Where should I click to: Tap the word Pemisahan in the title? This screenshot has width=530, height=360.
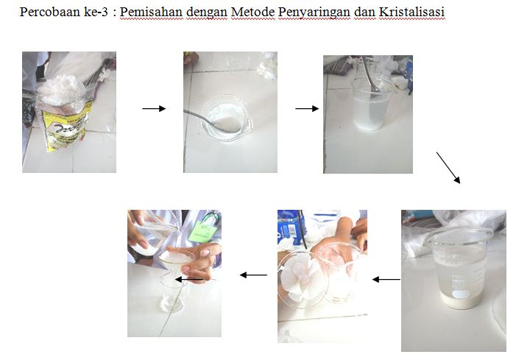click(x=152, y=13)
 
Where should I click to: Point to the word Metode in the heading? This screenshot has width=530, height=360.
click(x=252, y=13)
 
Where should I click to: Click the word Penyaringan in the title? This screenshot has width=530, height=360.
click(x=314, y=13)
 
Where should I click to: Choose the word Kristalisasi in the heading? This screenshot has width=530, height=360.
click(x=411, y=13)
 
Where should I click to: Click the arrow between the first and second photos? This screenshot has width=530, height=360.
click(x=154, y=108)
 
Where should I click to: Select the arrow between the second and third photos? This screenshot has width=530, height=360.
click(x=307, y=108)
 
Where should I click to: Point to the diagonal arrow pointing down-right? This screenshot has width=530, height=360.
click(x=448, y=168)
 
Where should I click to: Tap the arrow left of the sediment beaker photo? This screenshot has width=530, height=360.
click(x=386, y=280)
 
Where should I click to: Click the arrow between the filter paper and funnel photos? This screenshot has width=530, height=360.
click(x=253, y=275)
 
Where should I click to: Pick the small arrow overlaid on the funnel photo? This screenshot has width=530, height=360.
click(x=189, y=280)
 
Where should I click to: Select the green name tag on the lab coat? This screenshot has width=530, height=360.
click(x=203, y=230)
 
